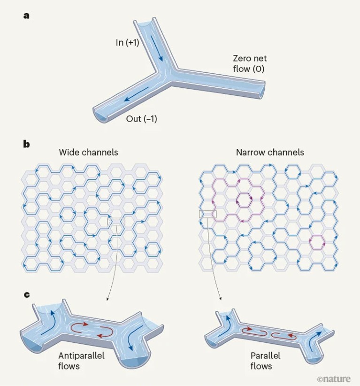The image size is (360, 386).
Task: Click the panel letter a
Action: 26,15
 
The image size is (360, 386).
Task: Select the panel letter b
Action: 26,144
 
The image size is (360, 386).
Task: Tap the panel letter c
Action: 26,295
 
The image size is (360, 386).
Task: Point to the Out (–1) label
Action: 141,119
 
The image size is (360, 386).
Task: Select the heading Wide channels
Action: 88,152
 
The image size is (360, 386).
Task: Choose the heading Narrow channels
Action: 270,152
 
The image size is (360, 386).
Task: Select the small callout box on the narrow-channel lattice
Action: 207,215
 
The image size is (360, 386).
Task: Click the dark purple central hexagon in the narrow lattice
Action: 245,199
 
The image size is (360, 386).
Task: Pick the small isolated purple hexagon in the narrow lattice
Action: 318,242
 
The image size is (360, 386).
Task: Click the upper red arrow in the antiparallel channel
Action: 80,325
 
